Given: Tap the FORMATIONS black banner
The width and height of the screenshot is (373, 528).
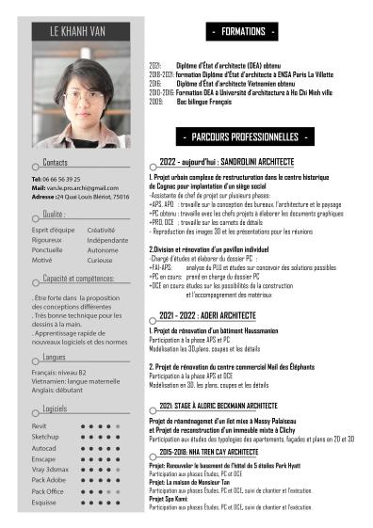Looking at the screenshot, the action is click(x=244, y=32).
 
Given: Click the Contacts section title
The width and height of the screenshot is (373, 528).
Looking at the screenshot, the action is click(x=56, y=163).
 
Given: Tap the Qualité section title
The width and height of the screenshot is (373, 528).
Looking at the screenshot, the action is click(x=54, y=215).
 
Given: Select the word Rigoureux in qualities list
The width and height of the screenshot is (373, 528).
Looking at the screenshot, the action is click(x=47, y=240).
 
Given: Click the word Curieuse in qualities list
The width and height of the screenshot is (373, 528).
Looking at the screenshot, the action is click(x=100, y=260).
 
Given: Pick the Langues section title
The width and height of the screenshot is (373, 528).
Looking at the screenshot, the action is click(x=55, y=357).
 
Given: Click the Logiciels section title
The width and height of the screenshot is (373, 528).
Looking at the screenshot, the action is click(x=56, y=408).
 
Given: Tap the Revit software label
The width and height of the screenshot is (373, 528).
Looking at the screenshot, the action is click(x=39, y=425).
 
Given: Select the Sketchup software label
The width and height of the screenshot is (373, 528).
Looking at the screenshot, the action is click(x=44, y=437).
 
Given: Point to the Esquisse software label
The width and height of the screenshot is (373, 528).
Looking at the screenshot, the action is click(x=44, y=503).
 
